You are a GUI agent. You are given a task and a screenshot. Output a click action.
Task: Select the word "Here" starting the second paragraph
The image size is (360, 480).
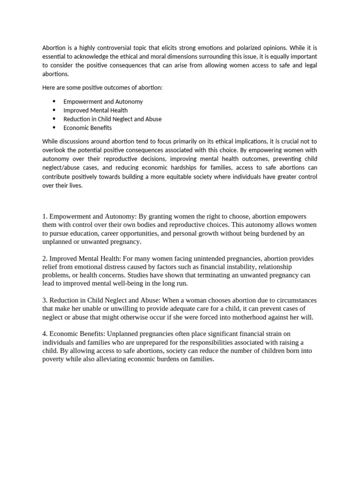click(49, 88)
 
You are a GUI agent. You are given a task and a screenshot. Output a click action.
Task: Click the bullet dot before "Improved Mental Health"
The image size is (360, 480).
click(54, 110)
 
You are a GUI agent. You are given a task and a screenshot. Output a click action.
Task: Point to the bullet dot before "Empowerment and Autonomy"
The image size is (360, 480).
click(54, 101)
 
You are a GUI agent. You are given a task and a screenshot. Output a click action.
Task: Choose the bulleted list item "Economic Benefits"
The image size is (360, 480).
click(87, 127)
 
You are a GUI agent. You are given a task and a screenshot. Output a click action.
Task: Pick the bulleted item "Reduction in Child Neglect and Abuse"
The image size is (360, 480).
click(112, 119)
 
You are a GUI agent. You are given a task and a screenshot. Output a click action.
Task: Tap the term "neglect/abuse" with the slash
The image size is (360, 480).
click(60, 168)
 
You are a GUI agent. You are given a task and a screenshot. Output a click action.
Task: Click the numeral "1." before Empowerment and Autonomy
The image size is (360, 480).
click(45, 216)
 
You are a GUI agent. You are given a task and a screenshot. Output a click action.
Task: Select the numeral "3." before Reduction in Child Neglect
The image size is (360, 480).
click(45, 300)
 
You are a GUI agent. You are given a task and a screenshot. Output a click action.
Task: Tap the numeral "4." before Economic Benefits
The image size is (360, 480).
click(45, 334)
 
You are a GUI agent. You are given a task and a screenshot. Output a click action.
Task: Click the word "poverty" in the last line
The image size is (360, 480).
click(53, 359)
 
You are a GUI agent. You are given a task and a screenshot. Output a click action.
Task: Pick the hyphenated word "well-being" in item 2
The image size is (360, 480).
click(127, 284)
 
